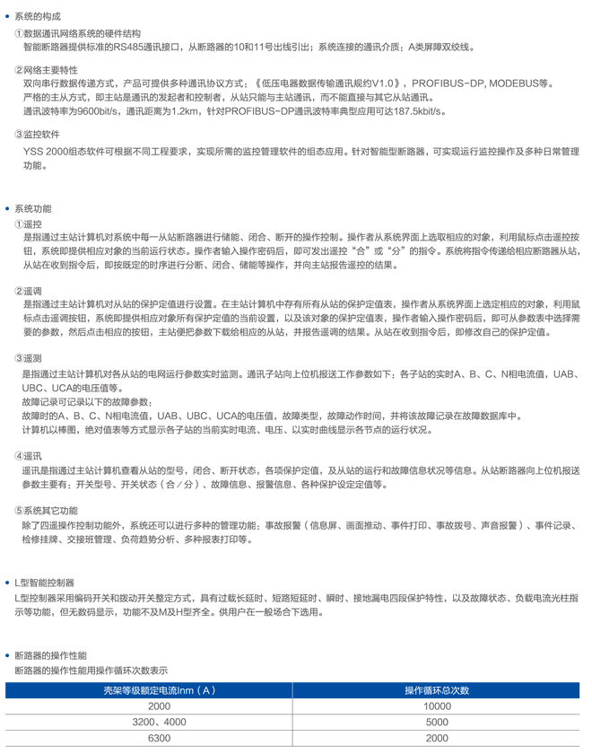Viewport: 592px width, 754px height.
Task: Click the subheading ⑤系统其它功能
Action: point(46,510)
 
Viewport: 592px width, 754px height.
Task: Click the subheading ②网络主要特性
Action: point(46,70)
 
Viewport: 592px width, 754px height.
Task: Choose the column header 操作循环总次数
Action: point(437,689)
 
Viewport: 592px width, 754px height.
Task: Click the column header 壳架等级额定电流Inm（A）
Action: point(159,689)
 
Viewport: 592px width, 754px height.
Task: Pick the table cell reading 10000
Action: point(437,706)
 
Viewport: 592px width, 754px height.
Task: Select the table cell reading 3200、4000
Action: point(160,722)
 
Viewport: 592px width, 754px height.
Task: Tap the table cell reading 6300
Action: point(160,738)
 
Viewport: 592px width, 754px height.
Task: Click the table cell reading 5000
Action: point(437,722)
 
